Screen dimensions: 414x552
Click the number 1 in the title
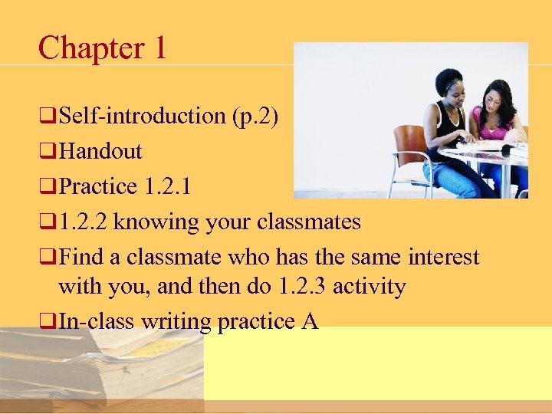click(x=159, y=48)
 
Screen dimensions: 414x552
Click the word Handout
click(x=100, y=151)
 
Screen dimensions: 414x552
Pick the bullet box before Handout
click(x=49, y=152)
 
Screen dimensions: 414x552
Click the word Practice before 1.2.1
click(x=97, y=186)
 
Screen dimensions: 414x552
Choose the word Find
click(x=81, y=257)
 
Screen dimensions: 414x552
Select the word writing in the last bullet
click(x=177, y=321)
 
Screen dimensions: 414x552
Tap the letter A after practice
click(x=310, y=321)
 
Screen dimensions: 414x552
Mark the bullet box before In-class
click(x=49, y=322)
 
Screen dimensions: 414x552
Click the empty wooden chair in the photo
click(x=408, y=157)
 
